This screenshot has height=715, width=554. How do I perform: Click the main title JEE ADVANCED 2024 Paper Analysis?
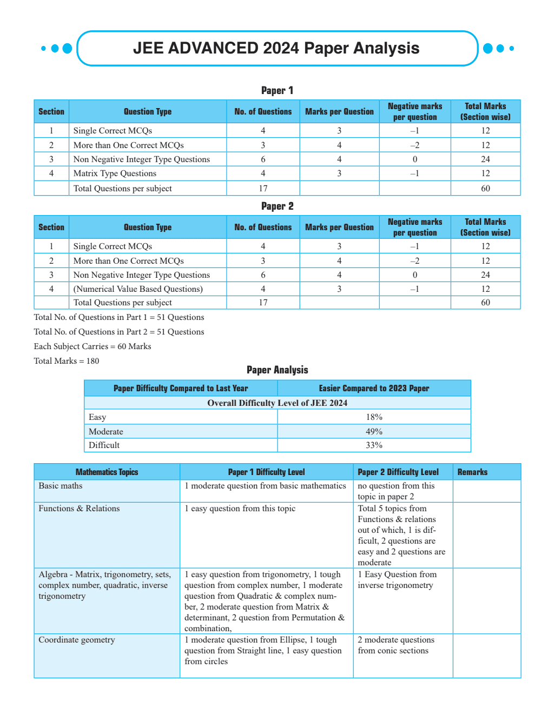pos(276,48)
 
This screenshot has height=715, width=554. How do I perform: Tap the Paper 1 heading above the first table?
pos(277,90)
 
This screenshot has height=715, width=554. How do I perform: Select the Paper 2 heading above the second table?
pos(277,206)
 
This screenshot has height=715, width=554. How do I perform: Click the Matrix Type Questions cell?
pos(115,173)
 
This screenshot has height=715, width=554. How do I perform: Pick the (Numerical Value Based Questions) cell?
pos(138,289)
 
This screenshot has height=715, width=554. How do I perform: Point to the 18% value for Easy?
pos(374,417)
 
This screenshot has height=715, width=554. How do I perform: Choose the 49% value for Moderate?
pos(374,431)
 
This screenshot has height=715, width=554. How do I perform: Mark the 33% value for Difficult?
pos(374,445)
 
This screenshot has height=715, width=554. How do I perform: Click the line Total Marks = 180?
pos(67,361)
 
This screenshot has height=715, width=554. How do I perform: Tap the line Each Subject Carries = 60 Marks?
pos(93,346)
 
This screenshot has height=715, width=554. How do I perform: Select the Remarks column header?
pos(472,472)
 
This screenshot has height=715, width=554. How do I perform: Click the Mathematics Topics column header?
pos(107,472)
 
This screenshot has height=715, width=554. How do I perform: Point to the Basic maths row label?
pos(61,486)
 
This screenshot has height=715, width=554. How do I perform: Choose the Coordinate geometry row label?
pos(77,640)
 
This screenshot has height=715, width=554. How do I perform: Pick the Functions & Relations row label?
pos(79,509)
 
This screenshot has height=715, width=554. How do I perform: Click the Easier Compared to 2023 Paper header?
pos(374,388)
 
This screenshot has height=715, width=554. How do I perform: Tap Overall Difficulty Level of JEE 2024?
pos(277,403)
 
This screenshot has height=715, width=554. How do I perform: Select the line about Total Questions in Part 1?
pos(119,317)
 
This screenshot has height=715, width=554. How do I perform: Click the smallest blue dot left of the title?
pos(43,49)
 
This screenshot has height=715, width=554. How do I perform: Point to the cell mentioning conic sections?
pos(396,645)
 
